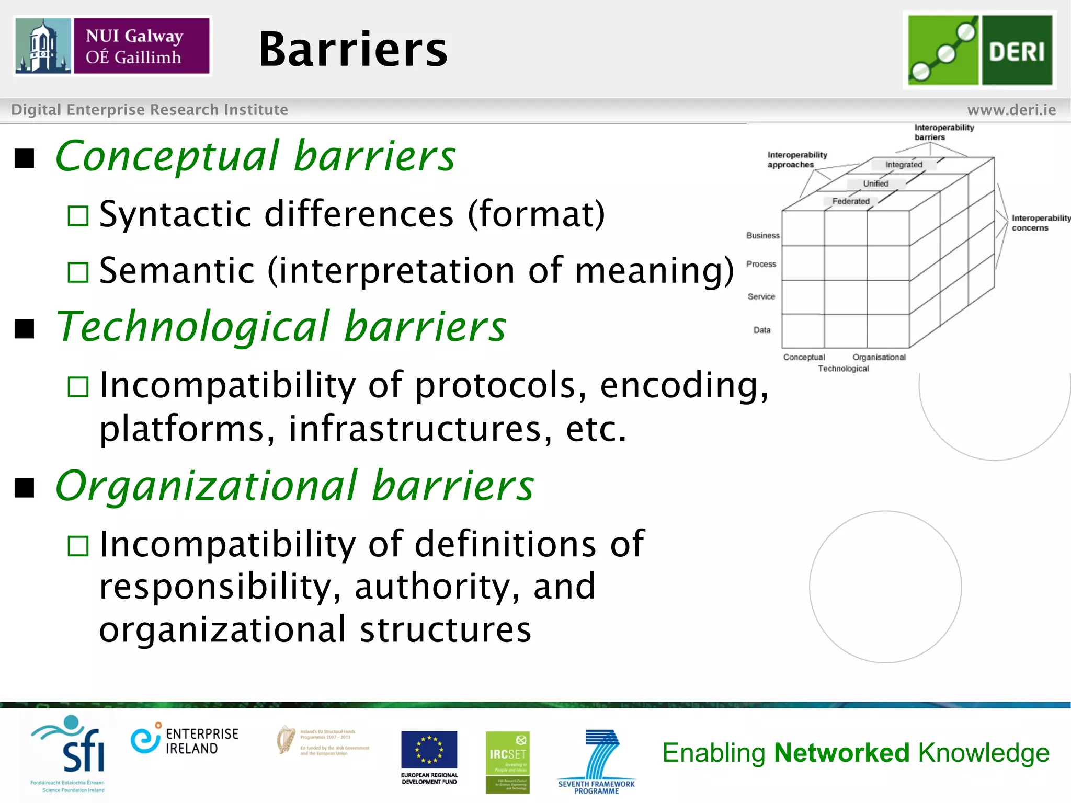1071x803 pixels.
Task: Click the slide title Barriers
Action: point(353,50)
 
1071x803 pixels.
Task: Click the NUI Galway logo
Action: point(112,46)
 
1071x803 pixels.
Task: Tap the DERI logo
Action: point(979,50)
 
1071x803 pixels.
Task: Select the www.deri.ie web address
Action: point(1011,110)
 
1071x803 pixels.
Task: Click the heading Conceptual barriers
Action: point(255,156)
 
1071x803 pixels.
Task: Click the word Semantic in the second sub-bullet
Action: point(177,271)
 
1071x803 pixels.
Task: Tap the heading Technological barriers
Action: point(281,327)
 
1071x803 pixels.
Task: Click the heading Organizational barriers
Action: point(294,486)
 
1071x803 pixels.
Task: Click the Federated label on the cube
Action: point(851,201)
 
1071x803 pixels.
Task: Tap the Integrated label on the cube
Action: point(904,165)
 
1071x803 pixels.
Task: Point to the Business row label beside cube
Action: point(762,236)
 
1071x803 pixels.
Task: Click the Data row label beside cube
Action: point(762,330)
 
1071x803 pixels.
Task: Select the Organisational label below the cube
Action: point(879,357)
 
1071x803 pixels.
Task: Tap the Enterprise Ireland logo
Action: point(184,741)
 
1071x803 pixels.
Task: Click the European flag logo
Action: point(429,750)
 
